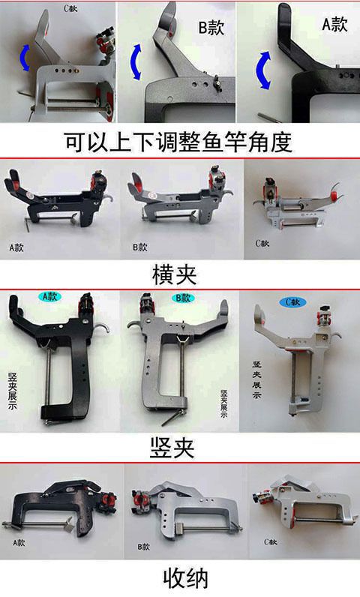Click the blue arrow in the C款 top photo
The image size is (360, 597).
click(x=24, y=58)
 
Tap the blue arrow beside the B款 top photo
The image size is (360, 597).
click(x=136, y=62)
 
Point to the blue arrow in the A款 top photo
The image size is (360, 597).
click(x=263, y=70)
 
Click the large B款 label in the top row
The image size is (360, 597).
click(x=211, y=28)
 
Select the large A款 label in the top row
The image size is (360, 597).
click(x=335, y=24)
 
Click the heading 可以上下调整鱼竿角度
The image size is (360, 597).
click(x=178, y=142)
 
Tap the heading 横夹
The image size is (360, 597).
click(x=175, y=274)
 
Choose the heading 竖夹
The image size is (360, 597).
click(x=172, y=448)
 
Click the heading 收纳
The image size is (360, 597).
click(x=186, y=578)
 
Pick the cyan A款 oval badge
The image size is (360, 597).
click(x=49, y=296)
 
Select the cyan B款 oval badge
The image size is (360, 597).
click(x=183, y=298)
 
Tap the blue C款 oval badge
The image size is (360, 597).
click(x=292, y=302)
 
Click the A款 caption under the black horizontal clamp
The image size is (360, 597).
click(x=16, y=247)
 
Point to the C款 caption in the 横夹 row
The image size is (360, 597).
click(x=262, y=243)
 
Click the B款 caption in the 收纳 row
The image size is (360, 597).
click(x=143, y=547)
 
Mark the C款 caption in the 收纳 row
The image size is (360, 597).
click(x=271, y=541)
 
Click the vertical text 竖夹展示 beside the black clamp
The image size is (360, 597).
click(x=13, y=391)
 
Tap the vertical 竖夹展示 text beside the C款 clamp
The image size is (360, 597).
click(x=256, y=379)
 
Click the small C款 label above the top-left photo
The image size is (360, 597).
click(x=70, y=8)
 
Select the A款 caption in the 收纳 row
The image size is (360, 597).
click(x=19, y=542)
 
